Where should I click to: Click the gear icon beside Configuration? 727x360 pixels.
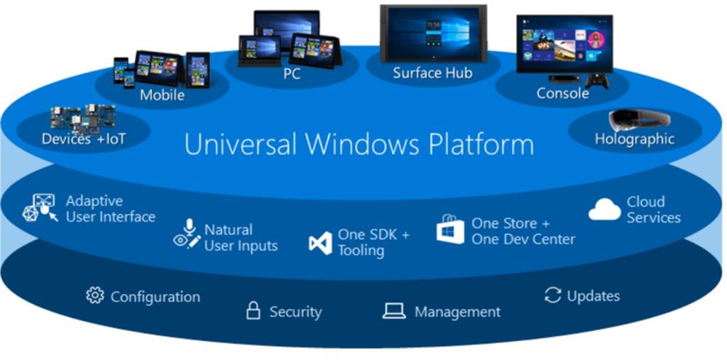tap(94, 295)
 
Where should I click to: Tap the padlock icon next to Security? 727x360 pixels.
tap(253, 310)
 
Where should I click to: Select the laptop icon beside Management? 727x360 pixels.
tap(394, 311)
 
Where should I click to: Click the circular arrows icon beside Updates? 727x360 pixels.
tap(552, 295)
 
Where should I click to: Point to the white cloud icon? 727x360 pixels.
tap(604, 209)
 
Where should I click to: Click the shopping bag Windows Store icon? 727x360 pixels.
tap(450, 229)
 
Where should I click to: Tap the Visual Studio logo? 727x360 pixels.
tap(320, 243)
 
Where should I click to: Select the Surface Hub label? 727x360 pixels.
tap(432, 73)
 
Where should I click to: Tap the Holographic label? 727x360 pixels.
tap(634, 140)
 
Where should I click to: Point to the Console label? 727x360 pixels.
tap(562, 93)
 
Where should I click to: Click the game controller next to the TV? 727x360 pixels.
tap(600, 80)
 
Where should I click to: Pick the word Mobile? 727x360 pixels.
tap(162, 95)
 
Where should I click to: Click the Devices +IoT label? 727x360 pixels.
tap(83, 139)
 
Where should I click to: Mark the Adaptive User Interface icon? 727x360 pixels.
tap(40, 208)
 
